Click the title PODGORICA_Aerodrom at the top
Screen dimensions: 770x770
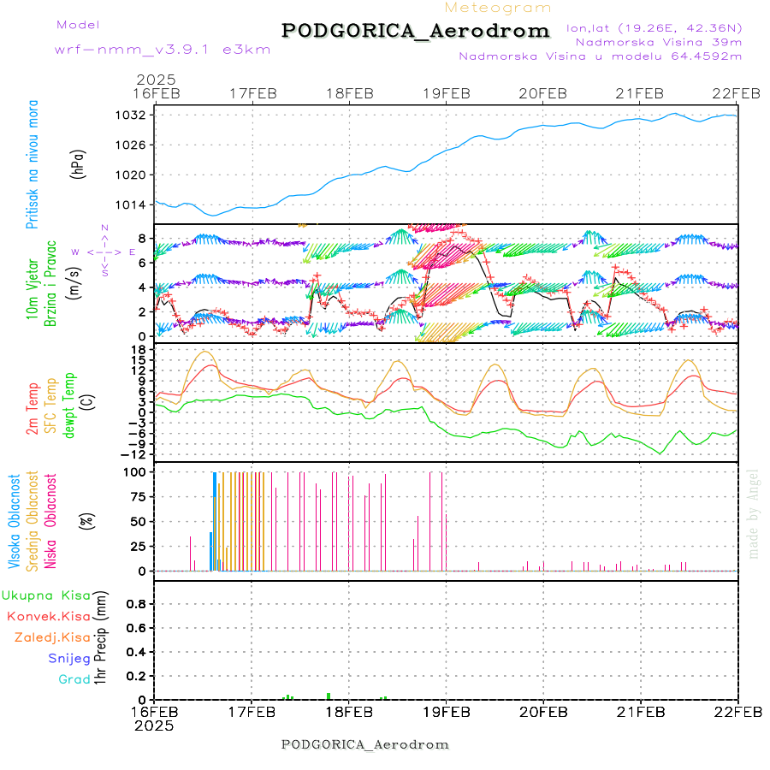[415, 31]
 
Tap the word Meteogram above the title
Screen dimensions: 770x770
[499, 8]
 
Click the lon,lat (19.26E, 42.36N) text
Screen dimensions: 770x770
[654, 27]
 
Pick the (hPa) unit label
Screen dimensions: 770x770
[78, 163]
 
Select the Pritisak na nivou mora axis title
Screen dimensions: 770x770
[33, 164]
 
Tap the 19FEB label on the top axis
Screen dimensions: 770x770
[446, 93]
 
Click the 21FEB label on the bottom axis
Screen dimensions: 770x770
[640, 712]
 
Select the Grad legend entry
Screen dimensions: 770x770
[74, 680]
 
